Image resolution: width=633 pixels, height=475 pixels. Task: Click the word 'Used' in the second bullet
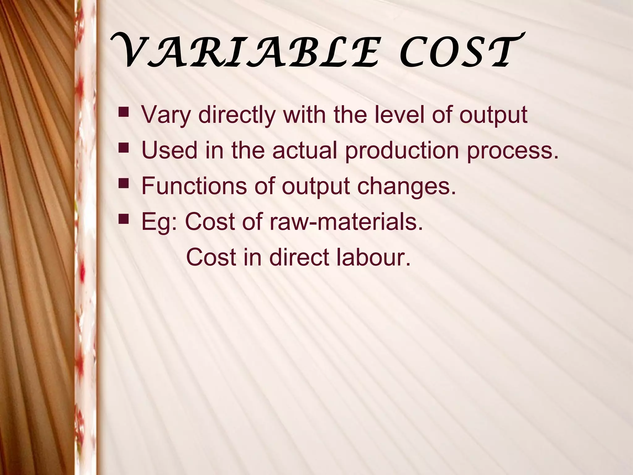pyautogui.click(x=169, y=150)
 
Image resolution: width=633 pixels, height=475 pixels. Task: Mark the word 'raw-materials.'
pyautogui.click(x=346, y=222)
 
